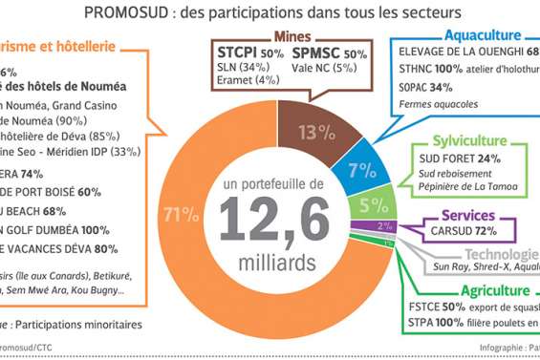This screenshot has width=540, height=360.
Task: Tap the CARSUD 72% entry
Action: (x=468, y=230)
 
